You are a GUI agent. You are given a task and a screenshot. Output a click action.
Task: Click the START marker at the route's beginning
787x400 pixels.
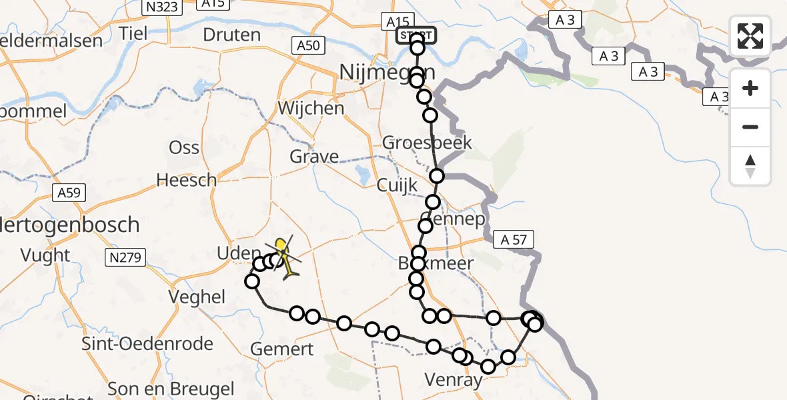point(416,35)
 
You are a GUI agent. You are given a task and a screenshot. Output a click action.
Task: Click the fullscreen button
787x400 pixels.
point(750,36)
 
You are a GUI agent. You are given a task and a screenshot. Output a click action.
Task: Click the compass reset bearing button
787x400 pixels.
point(750,166)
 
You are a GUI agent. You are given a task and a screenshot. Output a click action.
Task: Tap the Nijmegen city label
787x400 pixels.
point(387,71)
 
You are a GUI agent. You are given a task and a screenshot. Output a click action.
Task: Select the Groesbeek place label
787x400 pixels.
point(427,142)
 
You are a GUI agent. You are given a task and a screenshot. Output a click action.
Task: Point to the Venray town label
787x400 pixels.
point(454,381)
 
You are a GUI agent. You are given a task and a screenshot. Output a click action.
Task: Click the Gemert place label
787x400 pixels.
point(282,349)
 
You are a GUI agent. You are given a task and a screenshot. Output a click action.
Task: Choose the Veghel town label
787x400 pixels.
point(196,297)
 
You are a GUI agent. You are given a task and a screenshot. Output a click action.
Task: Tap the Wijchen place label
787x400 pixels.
point(311,107)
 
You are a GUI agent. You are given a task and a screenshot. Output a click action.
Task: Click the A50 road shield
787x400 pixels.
point(308,45)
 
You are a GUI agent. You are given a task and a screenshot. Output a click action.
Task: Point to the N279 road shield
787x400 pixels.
point(125,255)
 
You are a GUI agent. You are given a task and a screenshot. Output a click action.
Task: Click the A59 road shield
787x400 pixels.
point(69,193)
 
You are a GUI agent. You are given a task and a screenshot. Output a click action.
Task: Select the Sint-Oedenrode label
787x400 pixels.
point(147,344)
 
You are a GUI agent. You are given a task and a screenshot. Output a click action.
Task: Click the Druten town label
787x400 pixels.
point(231,35)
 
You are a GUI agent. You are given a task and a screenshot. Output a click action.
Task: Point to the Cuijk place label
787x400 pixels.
point(396,185)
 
